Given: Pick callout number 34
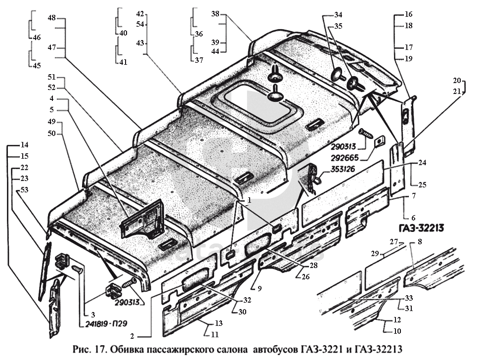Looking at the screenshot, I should pos(338,14).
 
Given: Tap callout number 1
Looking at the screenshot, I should pos(249,200).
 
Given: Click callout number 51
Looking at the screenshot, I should pos(52,78).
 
